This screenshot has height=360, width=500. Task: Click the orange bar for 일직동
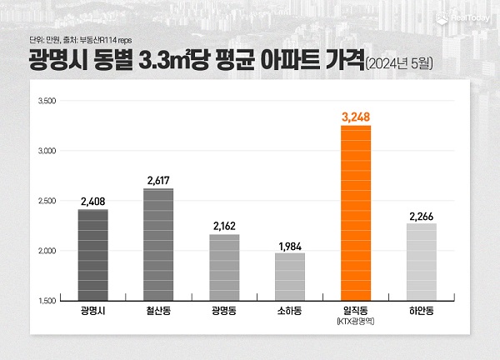click(x=356, y=212)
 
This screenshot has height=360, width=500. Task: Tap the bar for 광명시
click(x=92, y=254)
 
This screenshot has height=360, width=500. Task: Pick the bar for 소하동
click(x=290, y=276)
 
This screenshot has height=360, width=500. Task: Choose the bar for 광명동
click(x=224, y=267)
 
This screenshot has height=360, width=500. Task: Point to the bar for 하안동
click(x=422, y=262)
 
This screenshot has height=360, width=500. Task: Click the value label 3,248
click(x=356, y=116)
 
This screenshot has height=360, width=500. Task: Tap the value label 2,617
click(x=158, y=179)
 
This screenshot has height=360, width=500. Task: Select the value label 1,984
click(x=290, y=242)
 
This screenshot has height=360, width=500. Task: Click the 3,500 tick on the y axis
click(x=47, y=102)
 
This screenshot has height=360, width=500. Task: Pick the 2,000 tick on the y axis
click(x=47, y=251)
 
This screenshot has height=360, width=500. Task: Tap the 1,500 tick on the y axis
click(x=47, y=300)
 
